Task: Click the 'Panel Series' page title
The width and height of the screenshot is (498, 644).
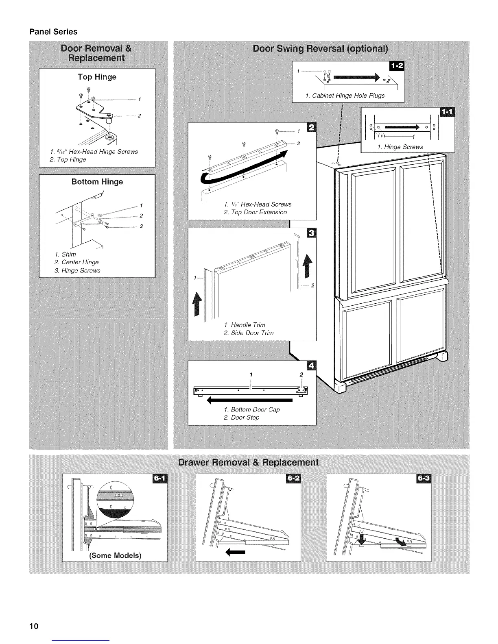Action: pos(53,31)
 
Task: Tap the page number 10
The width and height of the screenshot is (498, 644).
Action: pos(33,626)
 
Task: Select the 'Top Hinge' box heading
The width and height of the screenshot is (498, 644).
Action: pos(97,77)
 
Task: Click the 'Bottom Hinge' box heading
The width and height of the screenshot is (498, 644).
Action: pos(97,182)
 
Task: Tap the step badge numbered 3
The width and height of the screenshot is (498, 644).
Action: pos(312,233)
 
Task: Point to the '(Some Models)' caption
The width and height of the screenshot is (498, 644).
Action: pos(115,555)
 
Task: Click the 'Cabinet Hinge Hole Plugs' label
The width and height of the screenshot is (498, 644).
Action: pos(345,96)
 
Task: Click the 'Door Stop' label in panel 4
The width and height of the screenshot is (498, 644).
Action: pos(245,418)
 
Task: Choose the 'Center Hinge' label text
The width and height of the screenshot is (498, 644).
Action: pos(80,262)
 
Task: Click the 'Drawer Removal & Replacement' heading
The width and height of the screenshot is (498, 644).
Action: pos(249,463)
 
